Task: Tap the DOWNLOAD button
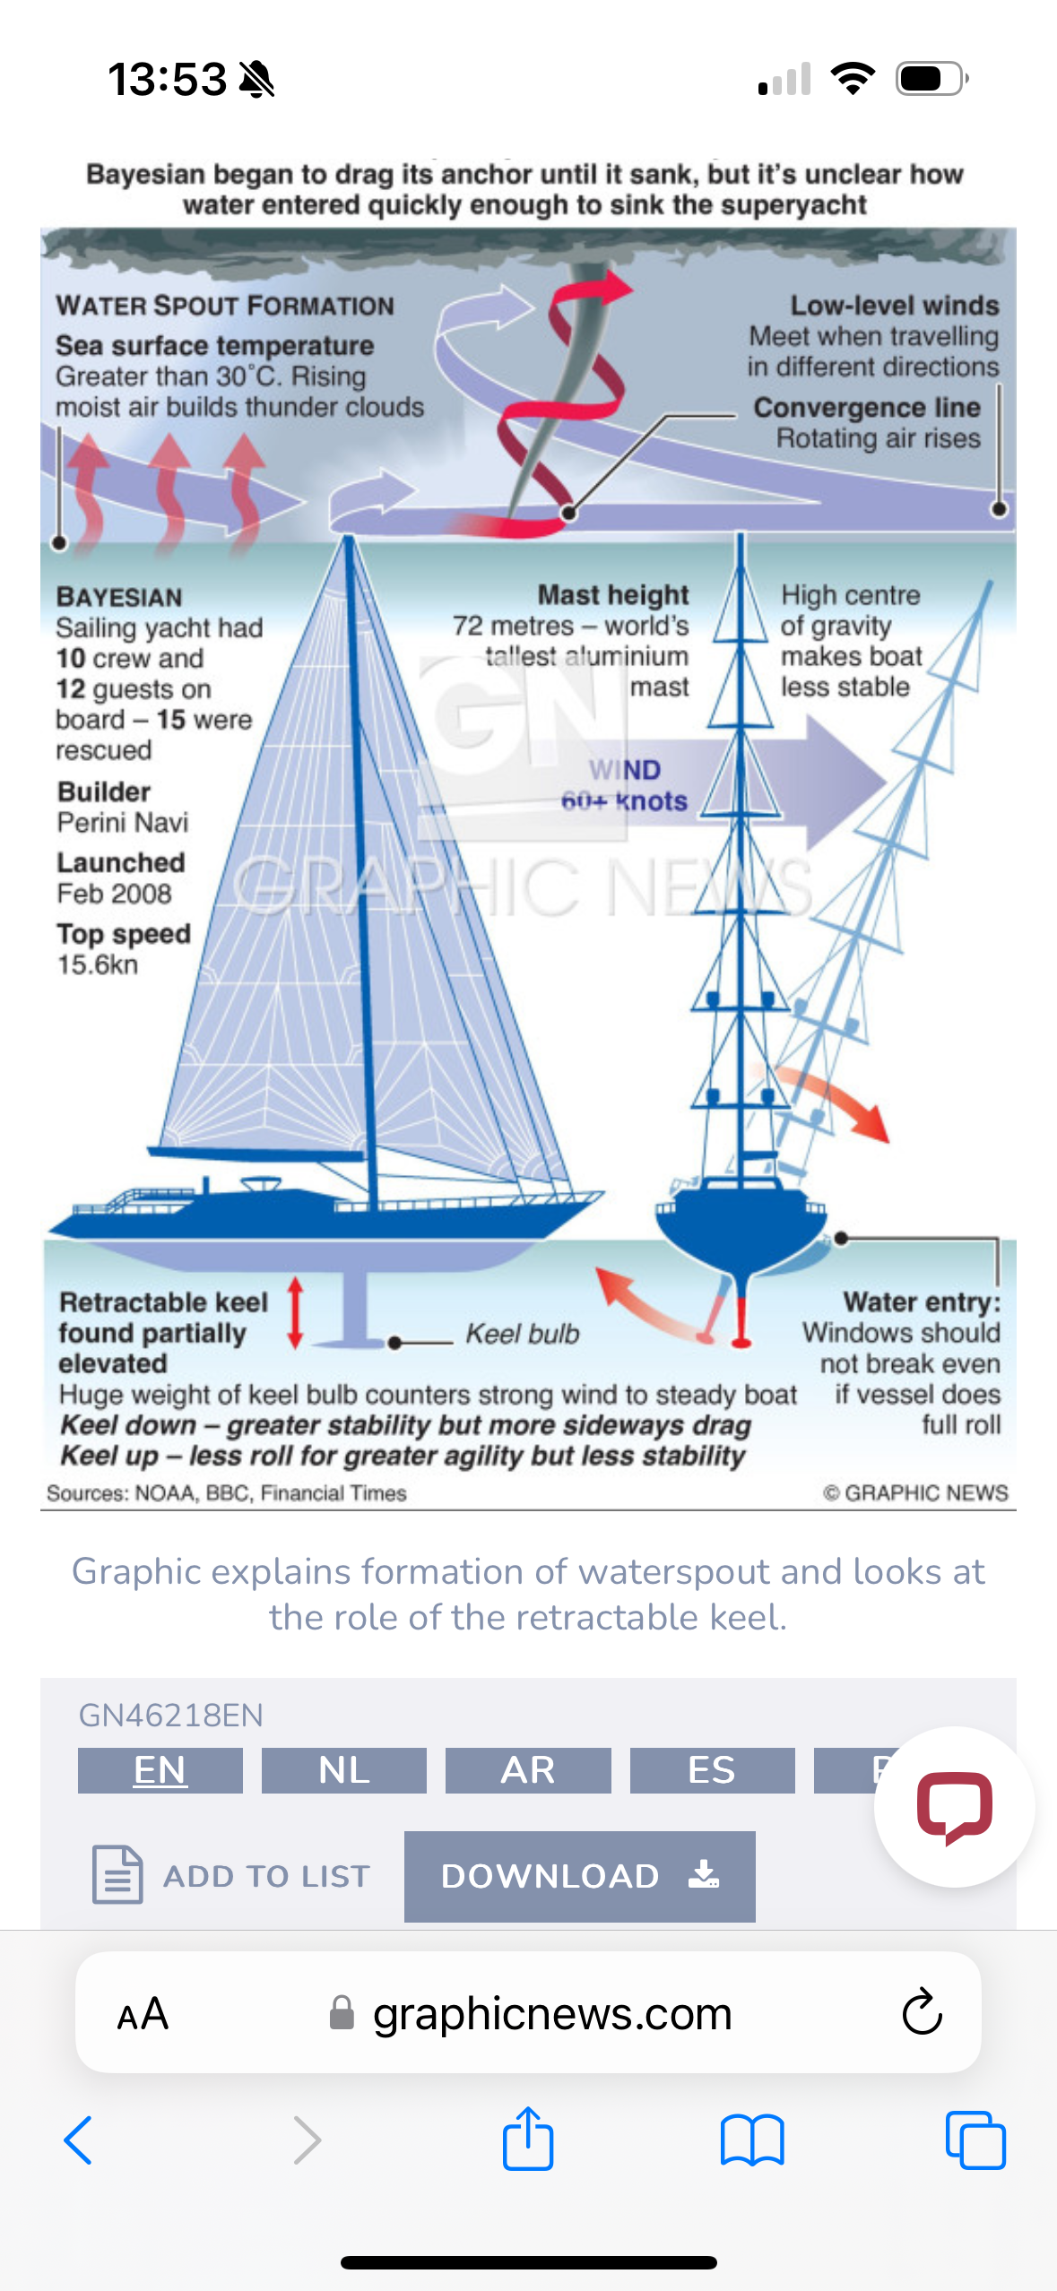[579, 1876]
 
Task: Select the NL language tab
[343, 1770]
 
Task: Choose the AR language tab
[528, 1770]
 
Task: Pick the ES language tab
[712, 1770]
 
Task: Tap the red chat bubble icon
[954, 1807]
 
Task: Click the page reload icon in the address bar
[922, 2013]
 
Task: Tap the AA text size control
[143, 2014]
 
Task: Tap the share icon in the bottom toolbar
[528, 2140]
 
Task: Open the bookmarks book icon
[752, 2140]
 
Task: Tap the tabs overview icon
[975, 2140]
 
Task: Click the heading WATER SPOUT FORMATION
[225, 306]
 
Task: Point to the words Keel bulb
[523, 1334]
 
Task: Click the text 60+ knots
[624, 800]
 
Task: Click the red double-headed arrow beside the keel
[296, 1313]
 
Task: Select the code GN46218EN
[170, 1716]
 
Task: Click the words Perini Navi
[123, 822]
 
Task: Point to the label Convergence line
[867, 407]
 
